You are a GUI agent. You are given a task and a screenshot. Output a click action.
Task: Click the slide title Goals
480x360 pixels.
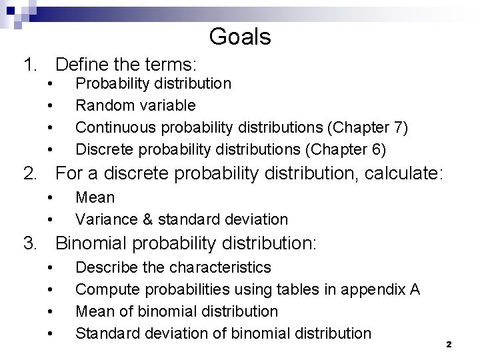tap(240, 36)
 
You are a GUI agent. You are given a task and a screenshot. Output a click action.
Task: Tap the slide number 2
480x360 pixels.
tap(449, 344)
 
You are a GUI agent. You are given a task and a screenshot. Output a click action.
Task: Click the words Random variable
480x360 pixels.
tap(135, 105)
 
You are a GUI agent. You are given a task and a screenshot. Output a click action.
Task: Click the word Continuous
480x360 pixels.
tap(111, 127)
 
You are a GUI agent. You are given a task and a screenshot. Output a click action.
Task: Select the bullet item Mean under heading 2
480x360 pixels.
tap(95, 197)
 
